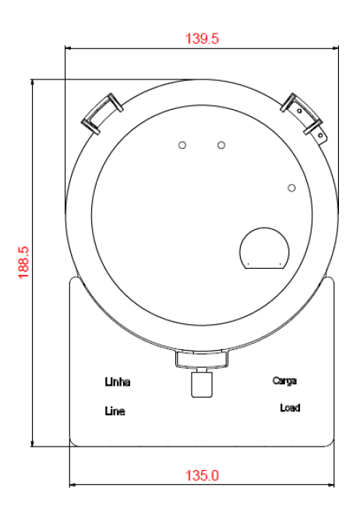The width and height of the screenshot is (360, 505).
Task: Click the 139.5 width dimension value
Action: point(202,39)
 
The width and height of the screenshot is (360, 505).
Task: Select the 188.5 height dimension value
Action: point(24,263)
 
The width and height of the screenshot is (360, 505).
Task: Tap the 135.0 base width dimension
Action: point(202,475)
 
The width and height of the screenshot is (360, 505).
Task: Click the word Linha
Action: point(118,382)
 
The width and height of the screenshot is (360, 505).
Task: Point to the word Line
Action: point(115,411)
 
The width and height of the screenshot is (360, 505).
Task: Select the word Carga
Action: point(284,381)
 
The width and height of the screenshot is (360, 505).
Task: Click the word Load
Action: point(290,408)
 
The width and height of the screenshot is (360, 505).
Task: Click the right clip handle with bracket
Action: point(304,118)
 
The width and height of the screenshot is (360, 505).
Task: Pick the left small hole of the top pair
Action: point(182,145)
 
